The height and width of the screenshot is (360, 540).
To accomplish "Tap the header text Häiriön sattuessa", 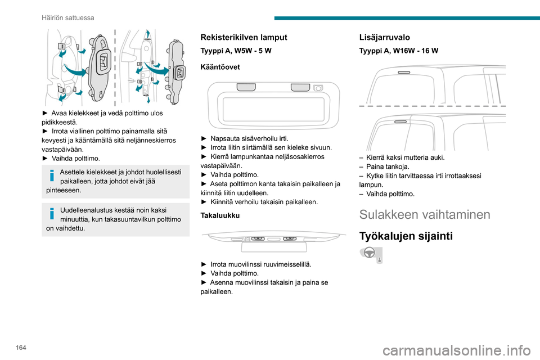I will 68,17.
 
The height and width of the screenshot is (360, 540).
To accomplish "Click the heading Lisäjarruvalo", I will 384,37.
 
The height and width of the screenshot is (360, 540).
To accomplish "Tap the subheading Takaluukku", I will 219,215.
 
